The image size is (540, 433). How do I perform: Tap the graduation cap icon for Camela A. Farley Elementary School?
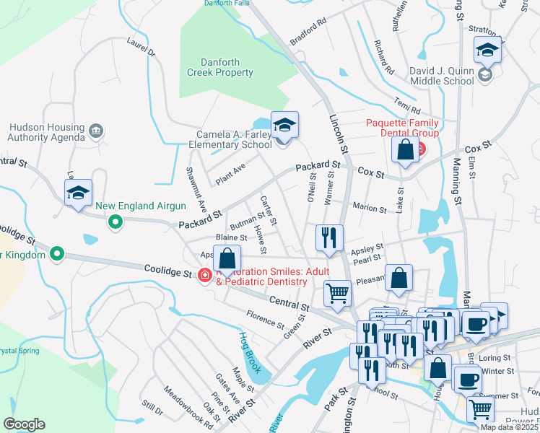pos(284,126)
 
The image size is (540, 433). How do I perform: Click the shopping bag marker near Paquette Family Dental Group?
pos(406,149)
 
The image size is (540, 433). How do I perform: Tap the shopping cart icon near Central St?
pos(337,293)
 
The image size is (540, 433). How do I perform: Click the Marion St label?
pos(370,208)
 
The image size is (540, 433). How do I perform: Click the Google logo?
pos(24,424)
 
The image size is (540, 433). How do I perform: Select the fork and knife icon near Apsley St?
pos(329,237)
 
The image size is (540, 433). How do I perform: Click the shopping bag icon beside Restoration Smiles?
pos(227,259)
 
